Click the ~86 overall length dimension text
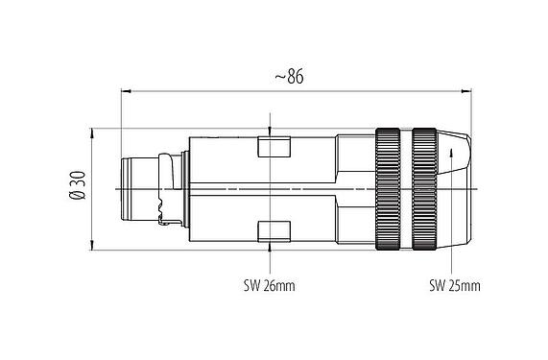pyautogui.click(x=286, y=78)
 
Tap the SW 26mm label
pyautogui.click(x=269, y=286)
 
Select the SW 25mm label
pyautogui.click(x=453, y=286)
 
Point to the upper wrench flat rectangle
pyautogui.click(x=274, y=148)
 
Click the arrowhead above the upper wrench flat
pyautogui.click(x=273, y=132)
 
